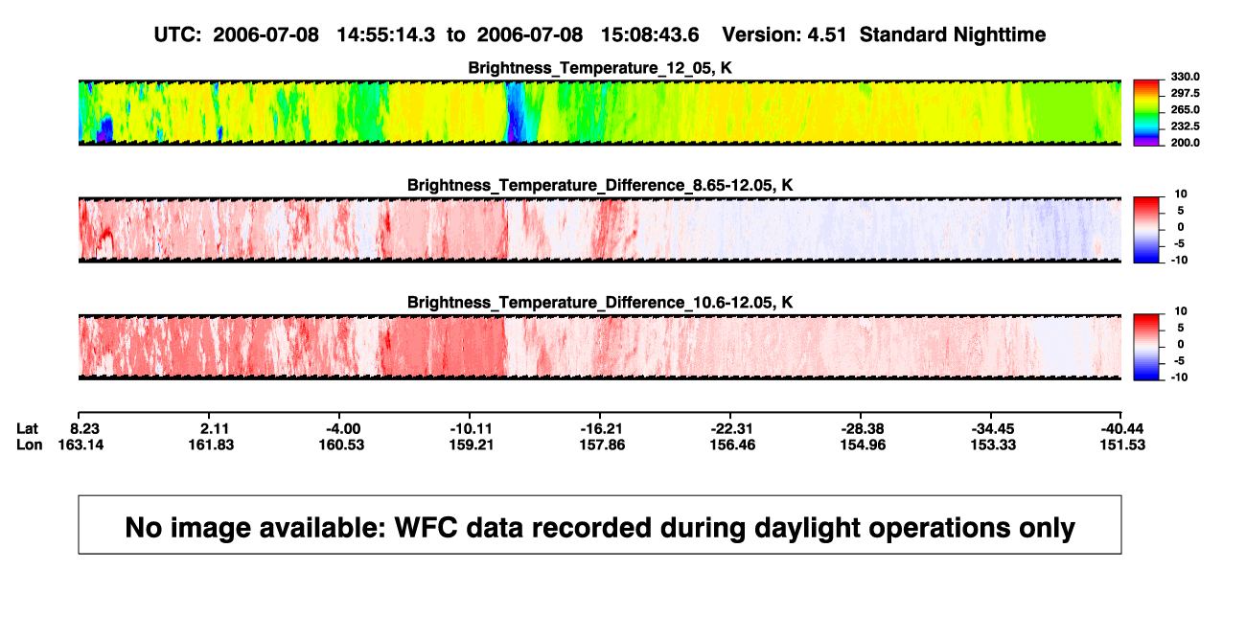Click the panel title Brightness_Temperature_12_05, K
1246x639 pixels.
pyautogui.click(x=600, y=68)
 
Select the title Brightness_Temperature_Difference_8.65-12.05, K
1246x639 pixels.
pyautogui.click(x=600, y=185)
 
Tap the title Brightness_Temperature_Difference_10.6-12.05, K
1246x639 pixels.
pyautogui.click(x=600, y=303)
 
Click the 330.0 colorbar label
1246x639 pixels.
pyautogui.click(x=1185, y=77)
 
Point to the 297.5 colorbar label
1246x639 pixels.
pyautogui.click(x=1185, y=93)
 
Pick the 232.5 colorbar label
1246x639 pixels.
pyautogui.click(x=1185, y=126)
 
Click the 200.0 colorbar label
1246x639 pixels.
pyautogui.click(x=1185, y=143)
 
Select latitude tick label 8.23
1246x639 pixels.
pyautogui.click(x=84, y=429)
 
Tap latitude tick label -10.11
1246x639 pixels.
pyautogui.click(x=471, y=429)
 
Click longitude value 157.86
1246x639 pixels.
pyautogui.click(x=602, y=445)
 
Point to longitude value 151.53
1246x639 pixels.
pyautogui.click(x=1122, y=445)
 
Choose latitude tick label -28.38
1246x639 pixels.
pyautogui.click(x=863, y=429)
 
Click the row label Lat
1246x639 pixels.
pyautogui.click(x=27, y=429)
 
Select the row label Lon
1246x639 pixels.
pyautogui.click(x=30, y=445)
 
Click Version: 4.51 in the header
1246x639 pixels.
pyautogui.click(x=784, y=34)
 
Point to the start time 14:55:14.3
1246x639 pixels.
pyautogui.click(x=386, y=34)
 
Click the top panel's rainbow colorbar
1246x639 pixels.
pyautogui.click(x=1146, y=113)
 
